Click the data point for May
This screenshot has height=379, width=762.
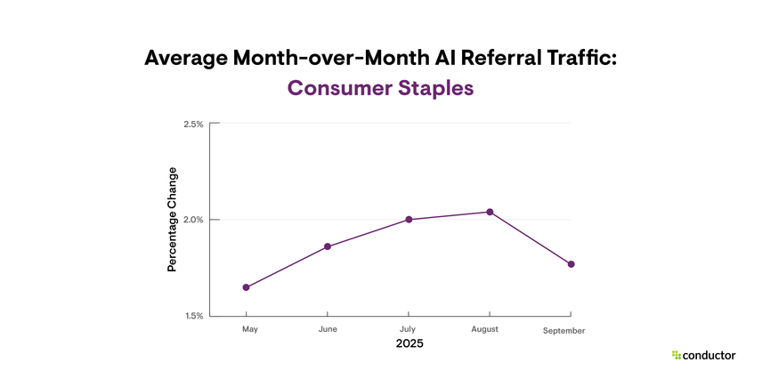click(246, 287)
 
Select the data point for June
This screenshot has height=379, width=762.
click(328, 246)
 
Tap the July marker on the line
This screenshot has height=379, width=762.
click(409, 219)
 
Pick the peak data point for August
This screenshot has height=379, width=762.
click(490, 212)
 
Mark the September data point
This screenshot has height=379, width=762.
click(571, 264)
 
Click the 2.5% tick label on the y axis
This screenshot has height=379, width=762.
click(193, 125)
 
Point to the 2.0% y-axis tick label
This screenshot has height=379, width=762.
click(193, 220)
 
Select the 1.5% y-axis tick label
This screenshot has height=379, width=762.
click(193, 316)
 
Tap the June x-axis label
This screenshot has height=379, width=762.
click(328, 329)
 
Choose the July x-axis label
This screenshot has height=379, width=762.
click(409, 329)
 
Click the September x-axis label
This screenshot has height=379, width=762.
click(564, 330)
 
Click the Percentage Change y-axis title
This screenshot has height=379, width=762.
click(173, 219)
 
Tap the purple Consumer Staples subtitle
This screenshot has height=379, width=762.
click(380, 89)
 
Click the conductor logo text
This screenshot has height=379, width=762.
click(709, 355)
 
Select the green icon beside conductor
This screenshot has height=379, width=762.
click(676, 355)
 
